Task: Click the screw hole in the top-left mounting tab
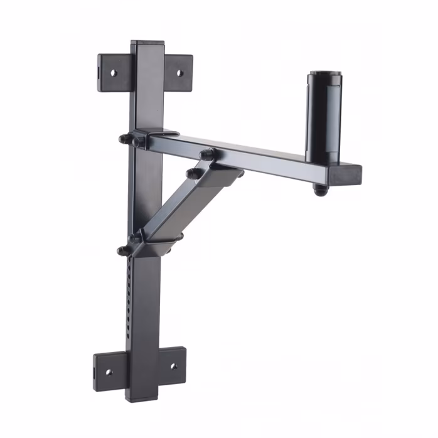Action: point(114,73)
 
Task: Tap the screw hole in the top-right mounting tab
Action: point(179,73)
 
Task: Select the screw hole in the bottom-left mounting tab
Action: point(109,371)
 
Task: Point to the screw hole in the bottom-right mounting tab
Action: point(174,366)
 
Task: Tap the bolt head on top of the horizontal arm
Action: point(208,153)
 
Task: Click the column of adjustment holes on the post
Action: point(130,295)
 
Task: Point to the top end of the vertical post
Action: point(147,45)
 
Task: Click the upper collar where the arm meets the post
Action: point(154,139)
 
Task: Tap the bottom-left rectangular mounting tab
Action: point(110,370)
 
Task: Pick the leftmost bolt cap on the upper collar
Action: point(124,139)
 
